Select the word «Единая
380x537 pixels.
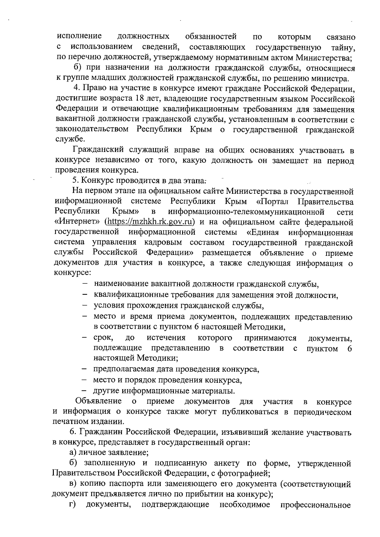262,232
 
